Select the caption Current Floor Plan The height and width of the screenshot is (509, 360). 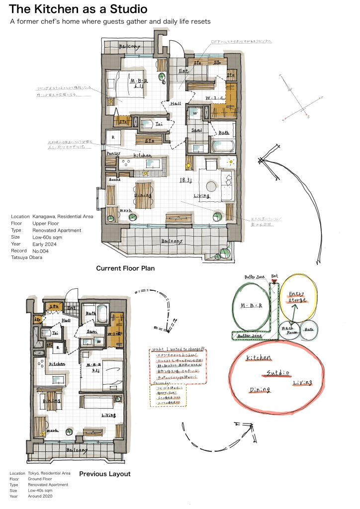tap(125, 268)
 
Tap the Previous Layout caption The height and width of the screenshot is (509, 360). tap(104, 474)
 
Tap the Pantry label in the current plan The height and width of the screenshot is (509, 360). tap(114, 154)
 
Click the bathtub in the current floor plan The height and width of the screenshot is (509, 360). tap(222, 147)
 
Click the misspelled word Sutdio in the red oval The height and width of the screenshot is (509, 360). tap(275, 372)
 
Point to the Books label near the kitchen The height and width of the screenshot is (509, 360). tap(114, 178)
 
